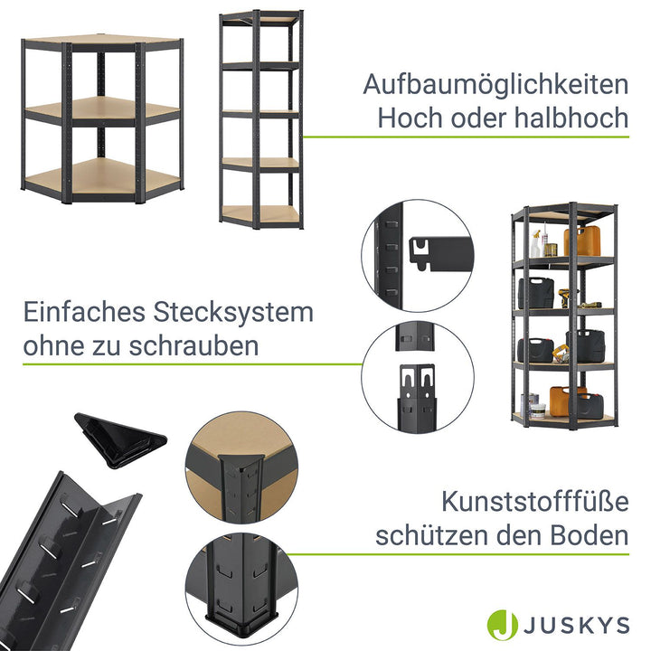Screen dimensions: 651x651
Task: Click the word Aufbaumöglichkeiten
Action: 495,84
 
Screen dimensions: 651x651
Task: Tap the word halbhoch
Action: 571,118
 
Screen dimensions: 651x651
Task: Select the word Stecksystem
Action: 233,312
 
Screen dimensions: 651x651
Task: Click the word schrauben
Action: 193,345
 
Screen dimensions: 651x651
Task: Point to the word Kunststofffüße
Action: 535,502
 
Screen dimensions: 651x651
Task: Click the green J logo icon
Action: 503,625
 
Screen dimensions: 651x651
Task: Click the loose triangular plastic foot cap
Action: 120,439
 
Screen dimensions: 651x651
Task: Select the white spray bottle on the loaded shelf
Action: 535,244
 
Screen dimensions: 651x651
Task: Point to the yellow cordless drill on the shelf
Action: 564,297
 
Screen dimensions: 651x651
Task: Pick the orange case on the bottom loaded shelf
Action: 568,400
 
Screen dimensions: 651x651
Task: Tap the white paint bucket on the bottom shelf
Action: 537,411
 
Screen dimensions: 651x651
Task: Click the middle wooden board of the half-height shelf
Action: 102,108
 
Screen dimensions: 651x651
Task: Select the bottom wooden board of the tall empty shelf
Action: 260,214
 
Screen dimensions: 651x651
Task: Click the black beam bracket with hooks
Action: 441,252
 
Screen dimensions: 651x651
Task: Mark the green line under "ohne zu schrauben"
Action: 192,364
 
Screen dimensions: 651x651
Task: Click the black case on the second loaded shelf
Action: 535,293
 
